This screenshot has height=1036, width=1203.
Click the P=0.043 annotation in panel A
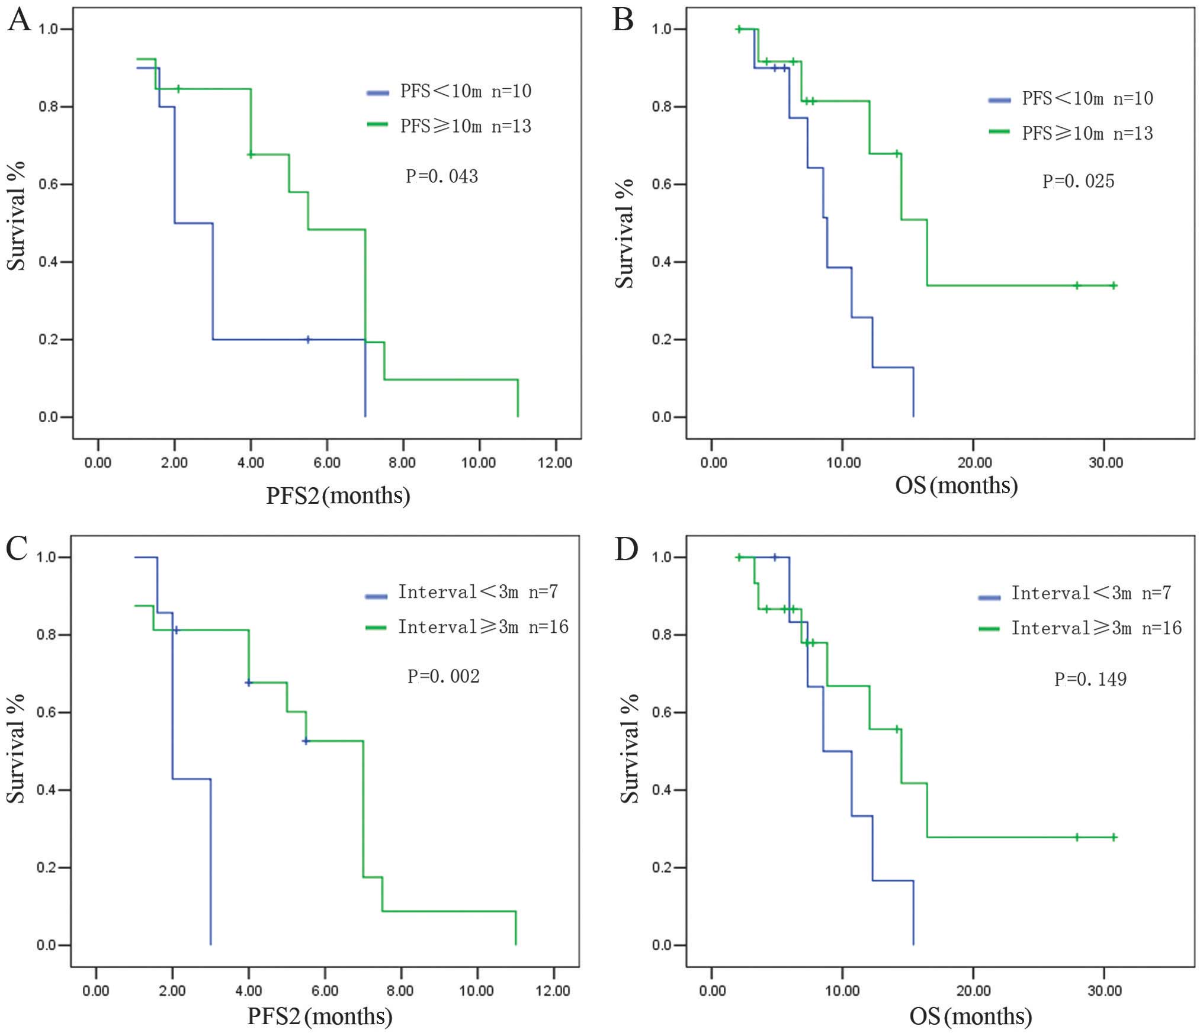coord(441,176)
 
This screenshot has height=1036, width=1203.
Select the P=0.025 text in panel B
coord(1078,181)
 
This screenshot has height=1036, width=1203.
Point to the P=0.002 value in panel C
coord(443,676)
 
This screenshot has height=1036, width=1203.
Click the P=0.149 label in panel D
coord(1090,679)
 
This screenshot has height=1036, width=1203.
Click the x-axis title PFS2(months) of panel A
coord(338,496)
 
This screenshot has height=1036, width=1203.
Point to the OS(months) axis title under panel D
coord(970,1017)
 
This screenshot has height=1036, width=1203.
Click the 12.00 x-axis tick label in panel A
coord(555,462)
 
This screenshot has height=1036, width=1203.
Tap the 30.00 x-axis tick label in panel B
coord(1105,462)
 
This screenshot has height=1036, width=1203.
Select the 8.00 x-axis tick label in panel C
coord(400,990)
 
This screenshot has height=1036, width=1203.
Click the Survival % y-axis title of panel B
coord(624,234)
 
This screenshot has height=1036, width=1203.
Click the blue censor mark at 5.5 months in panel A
coord(307,340)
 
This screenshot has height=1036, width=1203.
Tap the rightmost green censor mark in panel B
coord(1114,286)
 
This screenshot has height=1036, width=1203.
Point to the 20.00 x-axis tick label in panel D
coord(973,990)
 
